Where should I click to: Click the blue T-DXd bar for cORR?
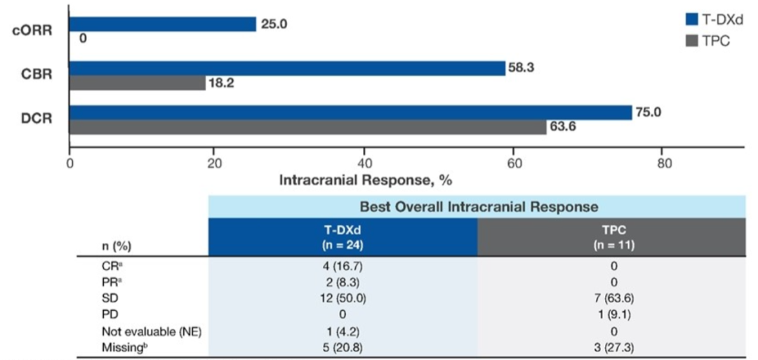pyautogui.click(x=162, y=24)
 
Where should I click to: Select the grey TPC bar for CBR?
pyautogui.click(x=137, y=83)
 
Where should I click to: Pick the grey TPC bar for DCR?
pyautogui.click(x=307, y=127)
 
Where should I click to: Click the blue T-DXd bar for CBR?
pyautogui.click(x=286, y=68)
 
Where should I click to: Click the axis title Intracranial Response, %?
pyautogui.click(x=365, y=180)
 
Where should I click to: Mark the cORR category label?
pyautogui.click(x=33, y=32)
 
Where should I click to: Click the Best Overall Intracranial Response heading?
pyautogui.click(x=479, y=206)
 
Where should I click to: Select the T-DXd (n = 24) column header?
pyautogui.click(x=343, y=237)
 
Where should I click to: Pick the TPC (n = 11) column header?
pyautogui.click(x=611, y=237)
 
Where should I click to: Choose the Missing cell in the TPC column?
pyautogui.click(x=611, y=347)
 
